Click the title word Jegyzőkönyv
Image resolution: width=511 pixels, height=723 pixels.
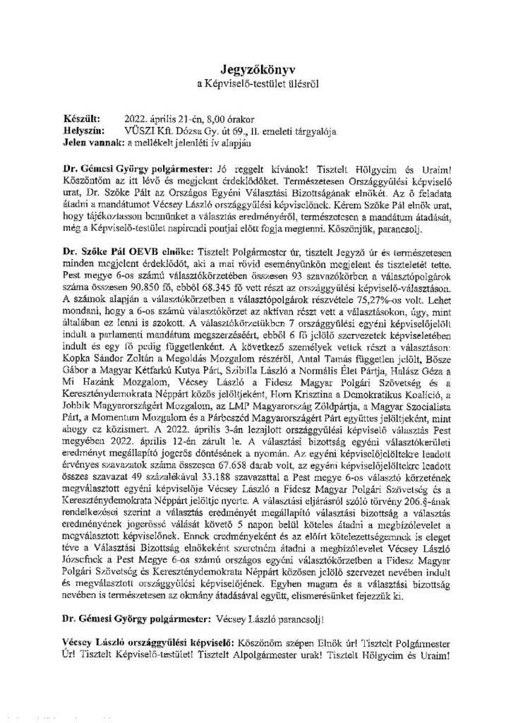[257, 70]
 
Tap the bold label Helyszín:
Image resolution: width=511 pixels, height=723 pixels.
[83, 131]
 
